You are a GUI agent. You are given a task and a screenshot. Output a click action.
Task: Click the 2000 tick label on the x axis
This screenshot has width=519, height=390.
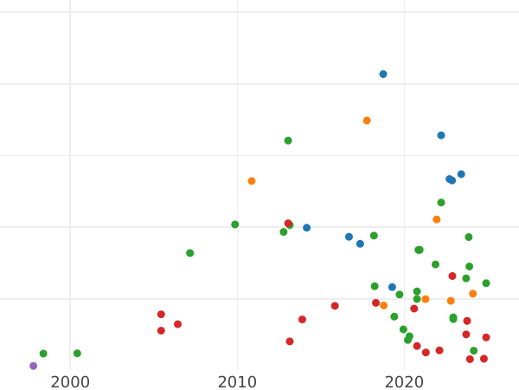coord(69,382)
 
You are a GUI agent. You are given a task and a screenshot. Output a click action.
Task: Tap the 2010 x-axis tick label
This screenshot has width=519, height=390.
coord(237,382)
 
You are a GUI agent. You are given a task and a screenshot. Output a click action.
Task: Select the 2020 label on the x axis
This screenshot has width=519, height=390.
coord(404,382)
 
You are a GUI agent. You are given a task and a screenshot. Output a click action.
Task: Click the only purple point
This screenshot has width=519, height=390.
coord(34,366)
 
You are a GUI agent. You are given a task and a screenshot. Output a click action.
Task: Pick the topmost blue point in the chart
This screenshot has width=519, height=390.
coord(383,75)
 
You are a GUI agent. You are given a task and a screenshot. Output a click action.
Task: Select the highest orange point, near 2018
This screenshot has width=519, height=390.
coord(367,120)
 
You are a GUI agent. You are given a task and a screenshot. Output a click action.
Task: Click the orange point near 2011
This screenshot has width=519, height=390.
coord(252,181)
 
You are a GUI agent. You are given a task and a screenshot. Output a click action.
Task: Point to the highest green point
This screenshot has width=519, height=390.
coord(288,140)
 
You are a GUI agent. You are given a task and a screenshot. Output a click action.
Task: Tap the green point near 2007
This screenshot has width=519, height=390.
coord(190,253)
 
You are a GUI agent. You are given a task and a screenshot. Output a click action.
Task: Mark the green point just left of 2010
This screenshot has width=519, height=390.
coord(235,224)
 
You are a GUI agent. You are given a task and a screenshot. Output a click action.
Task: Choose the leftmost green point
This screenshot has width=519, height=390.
coord(43,354)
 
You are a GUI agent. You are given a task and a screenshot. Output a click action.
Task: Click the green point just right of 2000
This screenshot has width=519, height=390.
coord(77,354)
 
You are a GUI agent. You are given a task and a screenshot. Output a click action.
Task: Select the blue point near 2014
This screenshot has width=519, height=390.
coord(306,228)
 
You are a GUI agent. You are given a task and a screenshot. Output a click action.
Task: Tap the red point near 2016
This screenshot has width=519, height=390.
coord(335,306)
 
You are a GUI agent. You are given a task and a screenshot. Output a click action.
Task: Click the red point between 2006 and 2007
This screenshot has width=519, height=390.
coord(177,324)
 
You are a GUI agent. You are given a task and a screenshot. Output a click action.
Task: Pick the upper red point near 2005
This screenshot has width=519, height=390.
coord(161,315)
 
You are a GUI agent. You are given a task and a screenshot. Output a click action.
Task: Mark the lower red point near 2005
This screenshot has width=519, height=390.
coord(161,330)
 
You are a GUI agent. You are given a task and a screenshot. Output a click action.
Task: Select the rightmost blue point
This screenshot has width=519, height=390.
coord(461,174)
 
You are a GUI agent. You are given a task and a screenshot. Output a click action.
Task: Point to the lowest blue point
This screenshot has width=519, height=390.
coord(392,287)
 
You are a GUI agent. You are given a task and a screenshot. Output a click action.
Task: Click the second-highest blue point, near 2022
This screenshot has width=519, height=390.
coord(441,135)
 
